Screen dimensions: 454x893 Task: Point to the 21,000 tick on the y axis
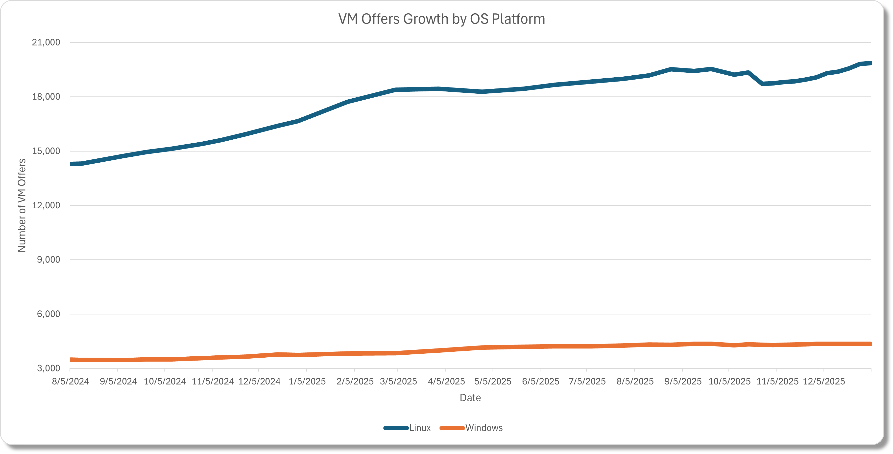click(46, 43)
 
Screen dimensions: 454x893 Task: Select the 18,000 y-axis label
click(46, 97)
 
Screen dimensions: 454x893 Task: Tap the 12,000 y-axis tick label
click(46, 205)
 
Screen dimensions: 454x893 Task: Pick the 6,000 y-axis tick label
click(48, 314)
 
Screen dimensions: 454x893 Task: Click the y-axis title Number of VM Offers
click(22, 205)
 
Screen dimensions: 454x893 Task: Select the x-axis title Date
click(470, 398)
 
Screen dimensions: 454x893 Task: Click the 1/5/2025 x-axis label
click(307, 382)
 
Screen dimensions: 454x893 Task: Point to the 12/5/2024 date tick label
click(259, 382)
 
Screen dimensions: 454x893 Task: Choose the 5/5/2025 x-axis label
click(493, 382)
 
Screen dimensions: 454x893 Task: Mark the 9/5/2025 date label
click(683, 382)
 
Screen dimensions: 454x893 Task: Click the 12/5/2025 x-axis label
click(824, 382)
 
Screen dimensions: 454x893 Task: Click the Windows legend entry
click(483, 428)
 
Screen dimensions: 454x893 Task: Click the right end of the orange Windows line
click(870, 344)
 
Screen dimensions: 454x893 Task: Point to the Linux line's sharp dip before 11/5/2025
click(762, 84)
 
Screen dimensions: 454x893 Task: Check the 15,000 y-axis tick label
click(46, 151)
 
